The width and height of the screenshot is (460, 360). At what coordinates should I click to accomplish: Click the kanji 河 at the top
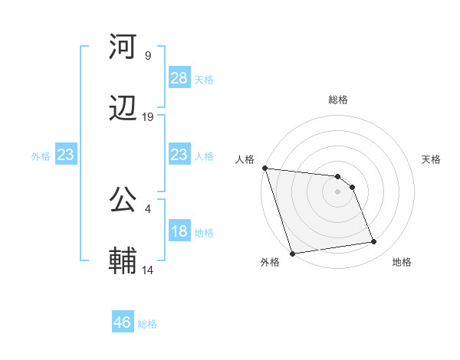coord(123,47)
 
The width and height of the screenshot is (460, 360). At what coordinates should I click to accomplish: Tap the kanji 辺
coord(123,110)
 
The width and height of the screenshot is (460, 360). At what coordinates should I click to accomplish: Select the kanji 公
coord(123,201)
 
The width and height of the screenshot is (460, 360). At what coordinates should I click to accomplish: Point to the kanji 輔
coord(123,261)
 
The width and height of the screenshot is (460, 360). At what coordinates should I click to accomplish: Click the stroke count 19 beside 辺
coord(148,117)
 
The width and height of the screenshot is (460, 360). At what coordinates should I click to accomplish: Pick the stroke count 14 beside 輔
coord(148,270)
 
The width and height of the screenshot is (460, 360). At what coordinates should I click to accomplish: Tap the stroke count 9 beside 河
coord(147,56)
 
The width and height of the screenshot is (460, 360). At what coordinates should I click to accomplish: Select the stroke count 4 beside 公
coord(147,208)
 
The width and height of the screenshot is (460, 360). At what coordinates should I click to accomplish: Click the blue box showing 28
coord(179,78)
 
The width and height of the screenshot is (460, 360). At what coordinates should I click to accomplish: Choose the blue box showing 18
coord(179,231)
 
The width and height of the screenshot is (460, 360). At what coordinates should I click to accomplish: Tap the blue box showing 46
coord(123,322)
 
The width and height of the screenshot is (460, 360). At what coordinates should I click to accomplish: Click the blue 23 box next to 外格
coord(66,155)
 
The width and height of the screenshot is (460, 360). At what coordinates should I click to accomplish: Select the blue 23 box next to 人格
coord(179,155)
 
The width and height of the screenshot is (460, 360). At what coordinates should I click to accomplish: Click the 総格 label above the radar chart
coord(338,100)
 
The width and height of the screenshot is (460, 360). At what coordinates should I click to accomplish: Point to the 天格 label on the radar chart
coord(432,159)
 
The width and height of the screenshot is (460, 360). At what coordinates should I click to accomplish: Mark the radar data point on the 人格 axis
coord(264,168)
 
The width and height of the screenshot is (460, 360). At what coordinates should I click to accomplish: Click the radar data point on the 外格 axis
coord(292,253)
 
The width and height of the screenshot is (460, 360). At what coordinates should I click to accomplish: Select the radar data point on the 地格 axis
coord(374,242)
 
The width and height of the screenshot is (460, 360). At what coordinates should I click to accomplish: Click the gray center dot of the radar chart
coord(338,191)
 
